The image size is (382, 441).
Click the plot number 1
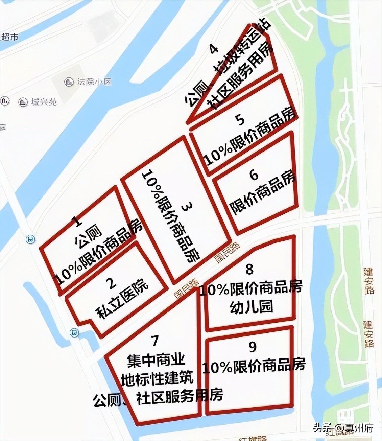[x=78, y=222]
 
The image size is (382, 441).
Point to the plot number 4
[x=214, y=49]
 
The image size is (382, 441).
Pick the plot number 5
[x=241, y=120]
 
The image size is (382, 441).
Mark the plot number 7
[x=155, y=341]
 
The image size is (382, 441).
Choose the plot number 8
[x=249, y=269]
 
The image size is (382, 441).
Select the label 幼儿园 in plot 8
[x=251, y=307]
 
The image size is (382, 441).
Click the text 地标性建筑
[x=157, y=377]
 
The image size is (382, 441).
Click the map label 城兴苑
[x=44, y=102]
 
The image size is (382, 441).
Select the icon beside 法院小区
[x=69, y=82]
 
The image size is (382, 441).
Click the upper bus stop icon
[x=30, y=239]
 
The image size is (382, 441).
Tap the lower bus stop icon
[x=74, y=333]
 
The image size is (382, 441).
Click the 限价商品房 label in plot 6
[x=263, y=194]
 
